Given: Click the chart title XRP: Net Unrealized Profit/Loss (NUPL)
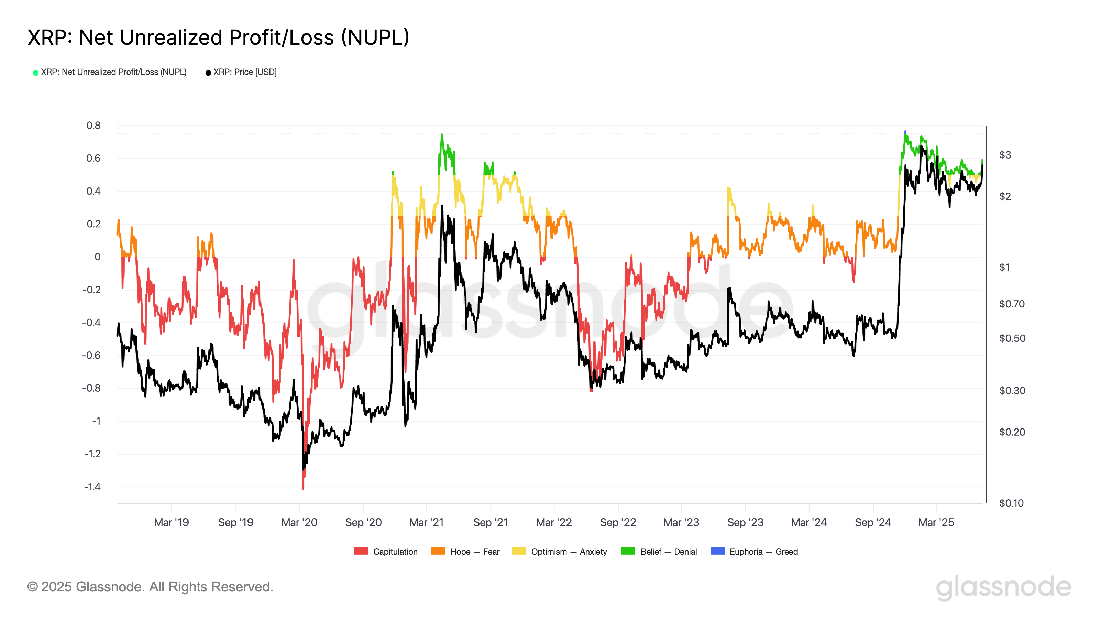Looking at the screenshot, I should coord(218,37).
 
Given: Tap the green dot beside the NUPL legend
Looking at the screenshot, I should coord(36,73).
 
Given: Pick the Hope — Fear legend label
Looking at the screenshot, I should coord(474,552).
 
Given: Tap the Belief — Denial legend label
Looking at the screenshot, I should coord(668,552).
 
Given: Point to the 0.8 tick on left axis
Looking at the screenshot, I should coord(93,126).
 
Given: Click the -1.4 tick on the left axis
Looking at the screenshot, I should coord(92,487).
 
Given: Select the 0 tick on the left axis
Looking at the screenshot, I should coord(97,257).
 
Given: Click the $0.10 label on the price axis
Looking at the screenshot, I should coord(1011,503).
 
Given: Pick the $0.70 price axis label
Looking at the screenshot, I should coord(1012,304).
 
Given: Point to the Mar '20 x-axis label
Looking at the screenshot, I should coord(299,522).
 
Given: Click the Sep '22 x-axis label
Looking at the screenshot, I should coord(618,522).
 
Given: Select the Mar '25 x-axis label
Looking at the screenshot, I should coord(936,522).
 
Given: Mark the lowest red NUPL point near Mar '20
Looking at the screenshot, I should coord(303,488).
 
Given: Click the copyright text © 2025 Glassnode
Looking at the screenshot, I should coord(150,587).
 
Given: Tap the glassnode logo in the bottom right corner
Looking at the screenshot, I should coord(1003,587).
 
